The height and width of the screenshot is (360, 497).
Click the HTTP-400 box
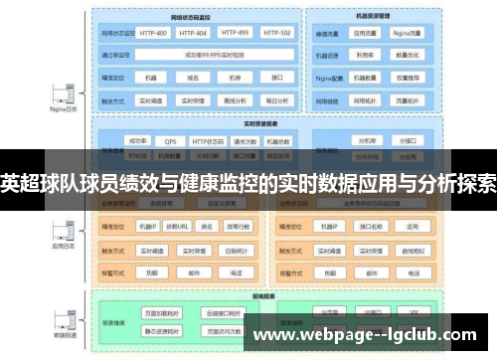click(x=153, y=33)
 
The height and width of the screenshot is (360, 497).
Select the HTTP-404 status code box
click(x=194, y=33)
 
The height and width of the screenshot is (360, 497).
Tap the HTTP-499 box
click(x=235, y=33)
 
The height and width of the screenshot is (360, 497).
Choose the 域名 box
click(x=194, y=77)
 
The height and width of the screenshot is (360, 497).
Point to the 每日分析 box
click(x=275, y=99)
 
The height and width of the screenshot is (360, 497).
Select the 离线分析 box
click(x=235, y=99)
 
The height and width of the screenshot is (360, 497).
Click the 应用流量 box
click(x=365, y=33)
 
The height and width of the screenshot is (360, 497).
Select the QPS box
click(x=170, y=142)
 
